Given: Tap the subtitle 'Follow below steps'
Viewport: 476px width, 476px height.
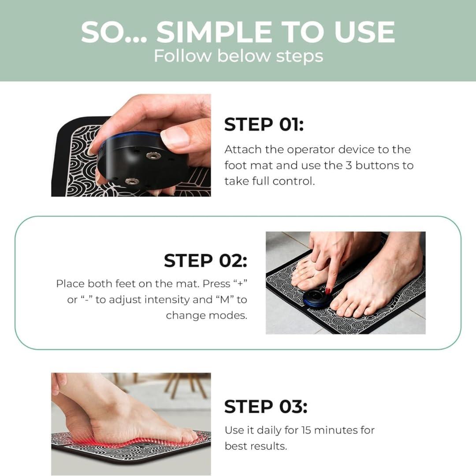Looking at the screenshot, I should pos(238,56).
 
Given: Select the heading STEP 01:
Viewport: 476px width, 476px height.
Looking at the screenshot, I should pos(264,125).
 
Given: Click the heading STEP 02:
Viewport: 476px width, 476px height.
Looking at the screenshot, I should pos(205,260).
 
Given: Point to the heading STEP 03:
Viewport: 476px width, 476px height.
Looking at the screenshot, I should pos(265,406).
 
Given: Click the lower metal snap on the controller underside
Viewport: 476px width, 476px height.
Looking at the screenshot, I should pos(131,181).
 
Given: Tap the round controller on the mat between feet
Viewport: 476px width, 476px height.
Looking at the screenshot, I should pos(317,298).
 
